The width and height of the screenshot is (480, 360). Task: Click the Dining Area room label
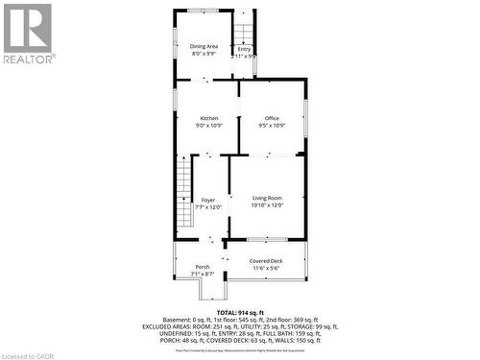tap(204, 46)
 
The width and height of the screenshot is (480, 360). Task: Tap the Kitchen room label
tap(209, 118)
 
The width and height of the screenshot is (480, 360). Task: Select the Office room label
tap(273, 118)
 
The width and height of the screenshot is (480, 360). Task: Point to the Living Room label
tap(268, 197)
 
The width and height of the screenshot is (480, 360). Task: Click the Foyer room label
tap(208, 200)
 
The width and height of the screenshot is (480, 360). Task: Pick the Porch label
tap(203, 267)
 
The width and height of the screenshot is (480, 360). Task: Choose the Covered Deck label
tap(266, 261)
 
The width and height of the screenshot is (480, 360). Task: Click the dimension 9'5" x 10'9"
tap(273, 126)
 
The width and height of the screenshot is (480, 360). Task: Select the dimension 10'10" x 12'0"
tap(268, 204)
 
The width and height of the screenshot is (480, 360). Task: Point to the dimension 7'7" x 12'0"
tap(208, 207)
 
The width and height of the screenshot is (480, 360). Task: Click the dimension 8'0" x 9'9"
tap(204, 54)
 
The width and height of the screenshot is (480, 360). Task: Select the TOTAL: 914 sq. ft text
tap(240, 314)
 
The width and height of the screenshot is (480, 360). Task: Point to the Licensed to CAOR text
tap(30, 353)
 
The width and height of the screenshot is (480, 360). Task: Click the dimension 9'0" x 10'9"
tap(209, 126)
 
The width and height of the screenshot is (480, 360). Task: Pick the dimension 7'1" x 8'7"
tap(203, 275)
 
